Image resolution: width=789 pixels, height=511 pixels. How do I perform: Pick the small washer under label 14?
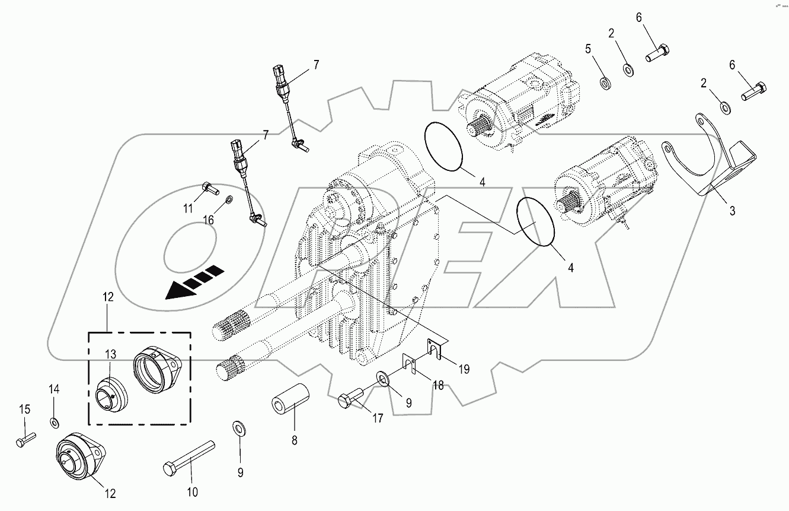point(55,423)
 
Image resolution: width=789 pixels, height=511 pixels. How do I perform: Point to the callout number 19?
point(464,369)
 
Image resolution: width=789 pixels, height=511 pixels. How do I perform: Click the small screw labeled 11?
point(210,188)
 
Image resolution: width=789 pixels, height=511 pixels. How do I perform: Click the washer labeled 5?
point(605,81)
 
